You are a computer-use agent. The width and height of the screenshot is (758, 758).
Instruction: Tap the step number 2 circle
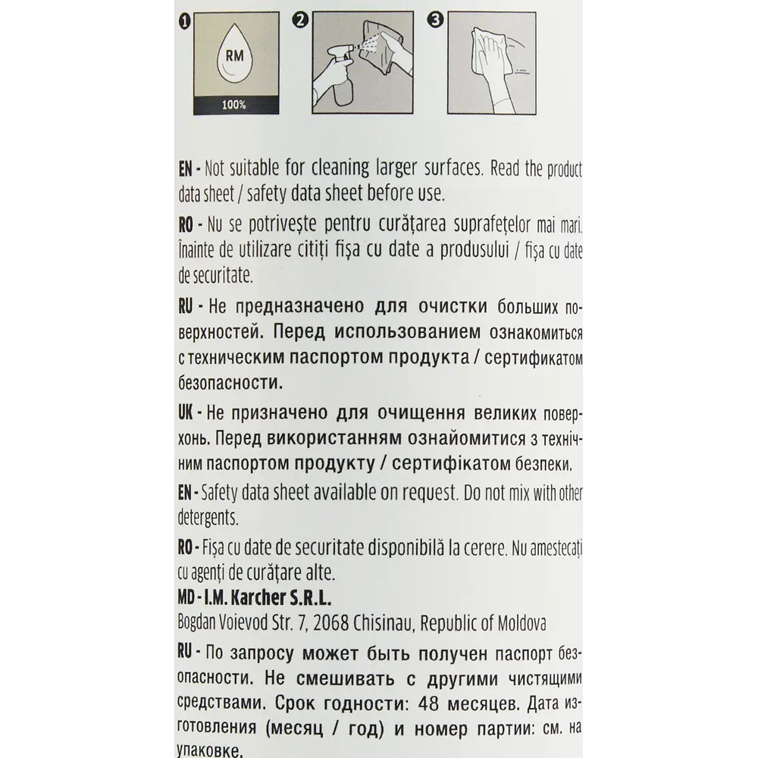pyautogui.click(x=301, y=20)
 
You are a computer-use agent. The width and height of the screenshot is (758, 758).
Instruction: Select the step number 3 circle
pyautogui.click(x=435, y=20)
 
